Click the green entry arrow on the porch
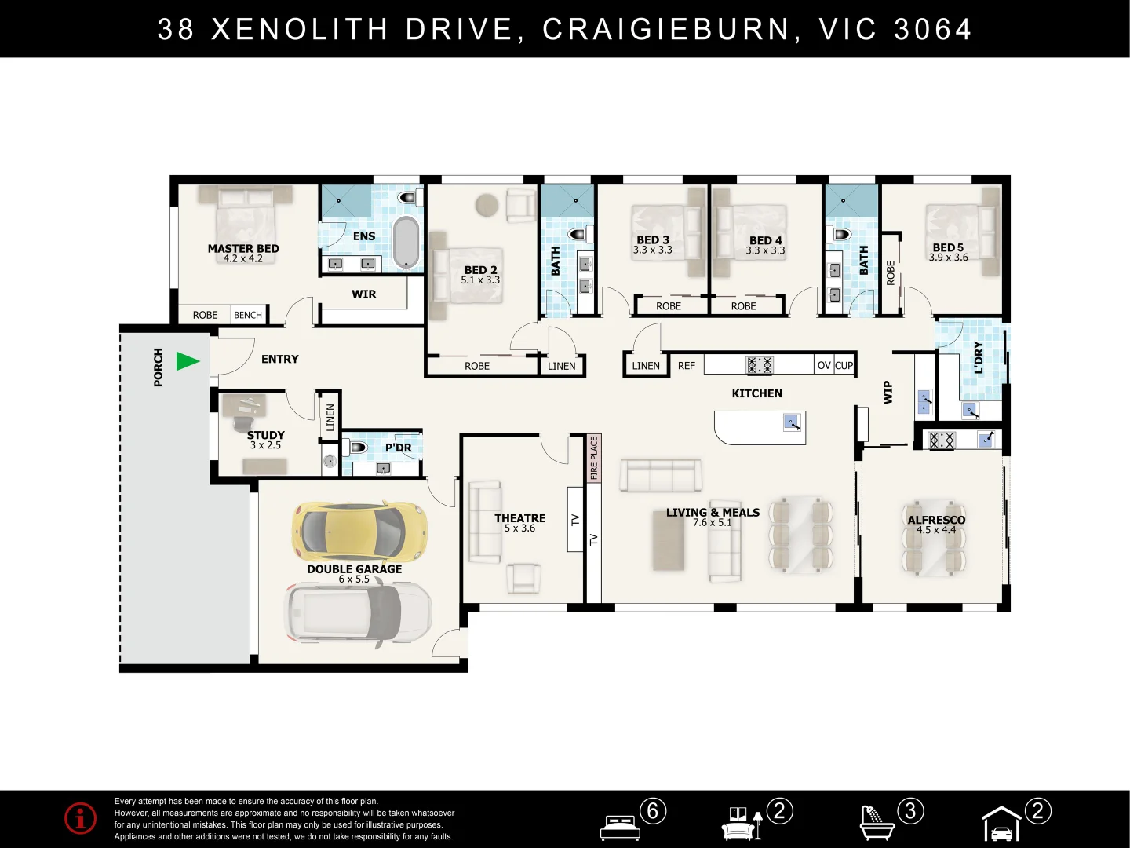188,361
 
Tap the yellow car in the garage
359,531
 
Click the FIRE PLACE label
593,458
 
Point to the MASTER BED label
243,249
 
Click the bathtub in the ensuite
406,243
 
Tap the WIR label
364,294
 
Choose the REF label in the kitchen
686,366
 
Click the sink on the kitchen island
792,422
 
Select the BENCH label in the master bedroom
248,315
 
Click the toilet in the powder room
357,448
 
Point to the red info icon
80,817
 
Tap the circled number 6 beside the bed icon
653,811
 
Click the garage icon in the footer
1001,824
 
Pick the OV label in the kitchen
824,366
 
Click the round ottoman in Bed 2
487,205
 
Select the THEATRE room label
520,518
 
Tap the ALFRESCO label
936,520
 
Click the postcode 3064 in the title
933,29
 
